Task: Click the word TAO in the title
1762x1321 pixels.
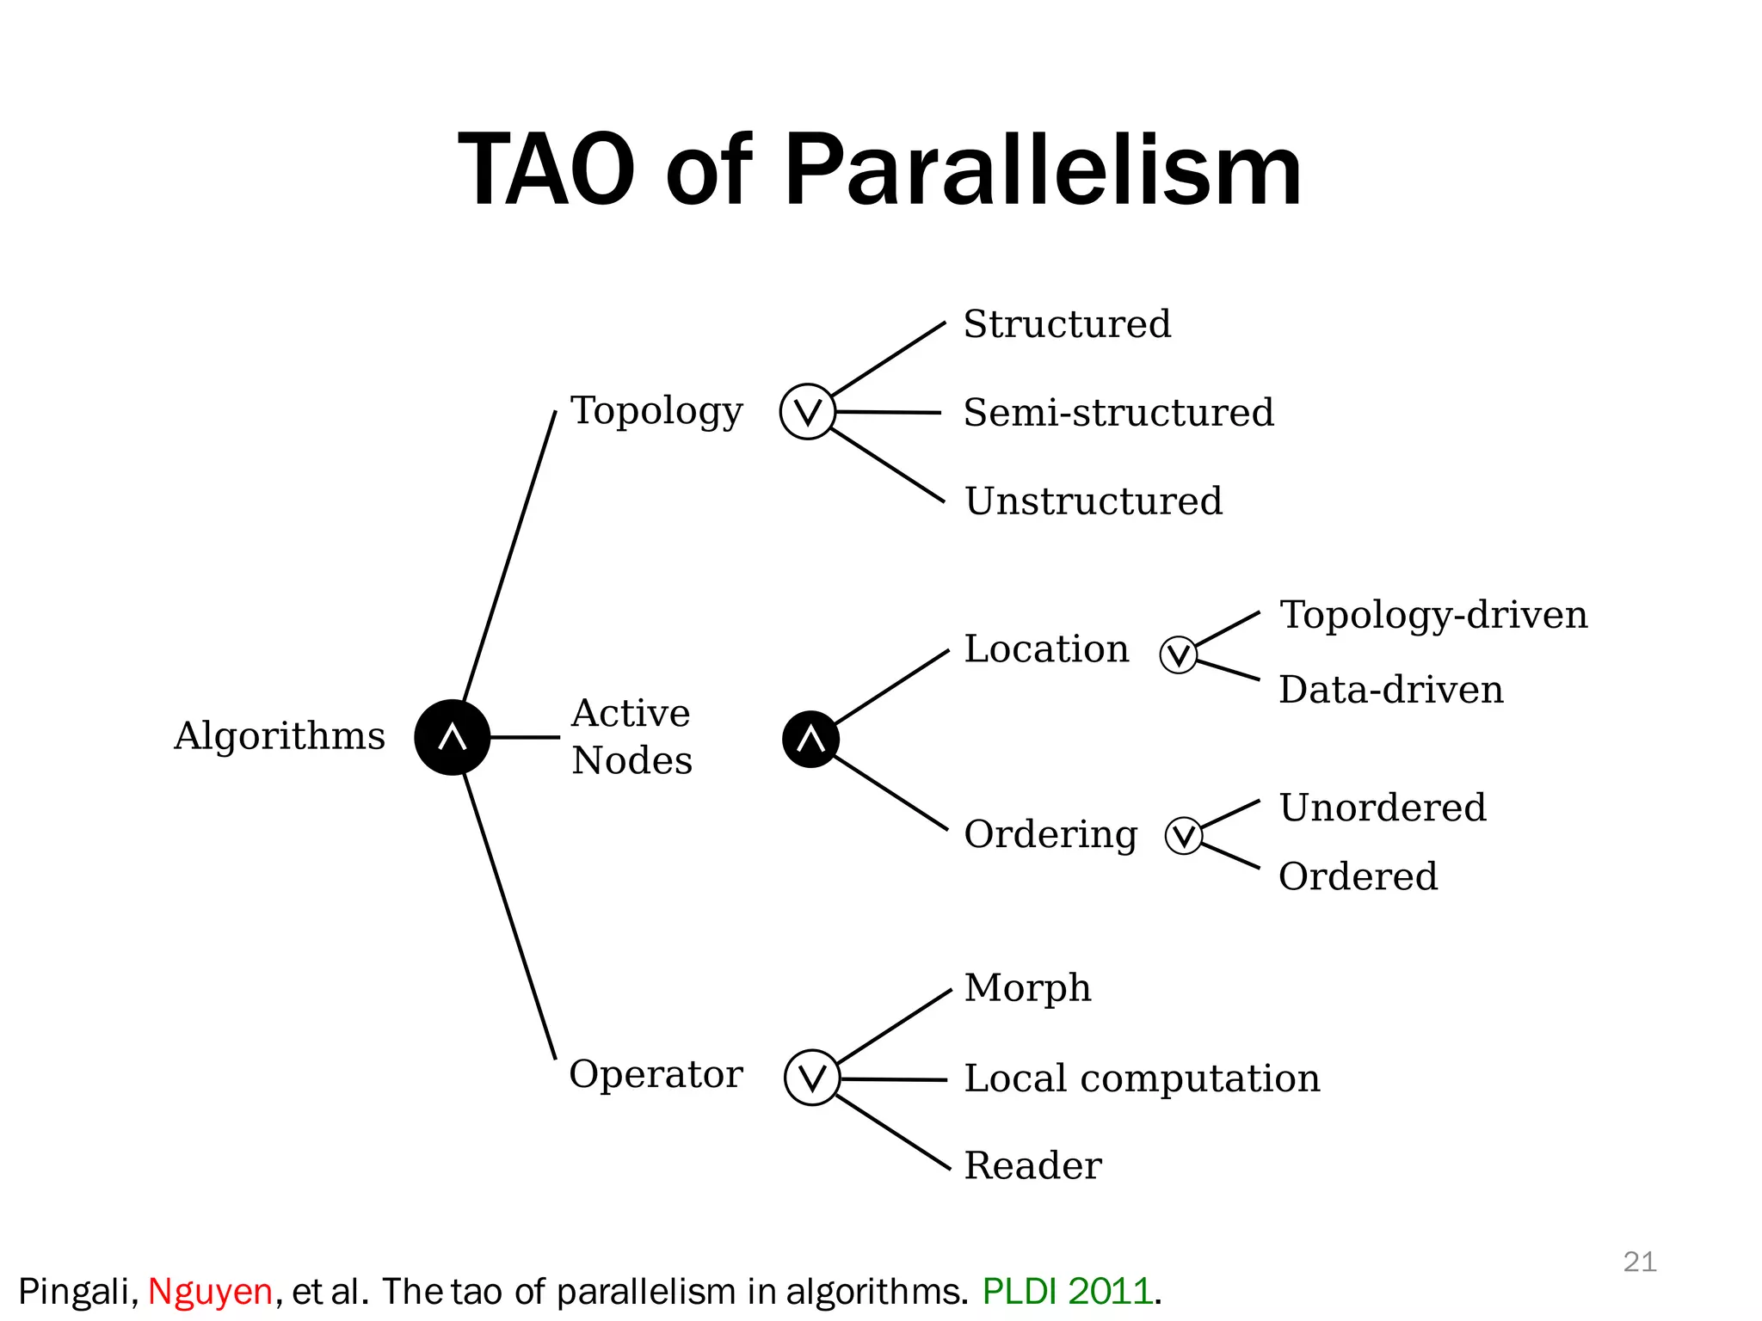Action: [546, 170]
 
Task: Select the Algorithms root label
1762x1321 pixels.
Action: [280, 736]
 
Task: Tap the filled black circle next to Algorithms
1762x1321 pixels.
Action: [453, 737]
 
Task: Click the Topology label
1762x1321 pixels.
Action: [656, 411]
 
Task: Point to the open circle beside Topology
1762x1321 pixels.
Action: [807, 412]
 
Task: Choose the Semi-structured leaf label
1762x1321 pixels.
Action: [1118, 413]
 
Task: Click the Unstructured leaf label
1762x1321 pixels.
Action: [1094, 501]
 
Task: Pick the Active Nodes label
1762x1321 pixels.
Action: [631, 737]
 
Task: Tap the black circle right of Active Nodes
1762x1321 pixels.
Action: [810, 739]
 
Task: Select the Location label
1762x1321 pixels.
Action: [1046, 648]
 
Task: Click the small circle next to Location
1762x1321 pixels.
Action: [1178, 655]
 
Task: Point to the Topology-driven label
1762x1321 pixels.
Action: [1433, 615]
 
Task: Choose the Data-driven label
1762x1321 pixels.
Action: [1391, 690]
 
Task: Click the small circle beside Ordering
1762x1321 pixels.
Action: [1184, 835]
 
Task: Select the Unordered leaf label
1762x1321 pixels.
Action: [1383, 808]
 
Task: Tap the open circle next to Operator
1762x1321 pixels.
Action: [812, 1077]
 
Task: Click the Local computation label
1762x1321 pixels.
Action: [1142, 1078]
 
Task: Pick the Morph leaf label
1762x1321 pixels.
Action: [1027, 988]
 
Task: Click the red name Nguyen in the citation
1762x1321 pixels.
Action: [210, 1292]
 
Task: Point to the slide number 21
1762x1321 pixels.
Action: [1639, 1262]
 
